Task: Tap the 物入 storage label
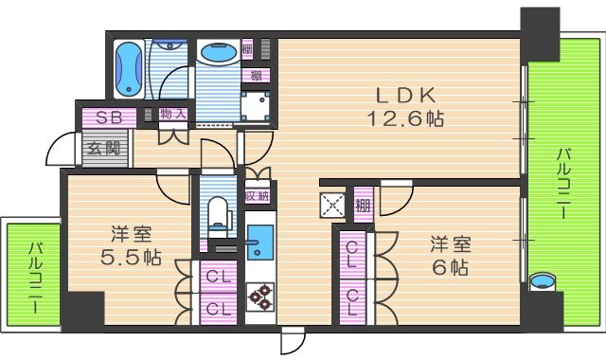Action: click(173, 115)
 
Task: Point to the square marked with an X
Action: click(333, 205)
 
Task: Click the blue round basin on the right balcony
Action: click(542, 282)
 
